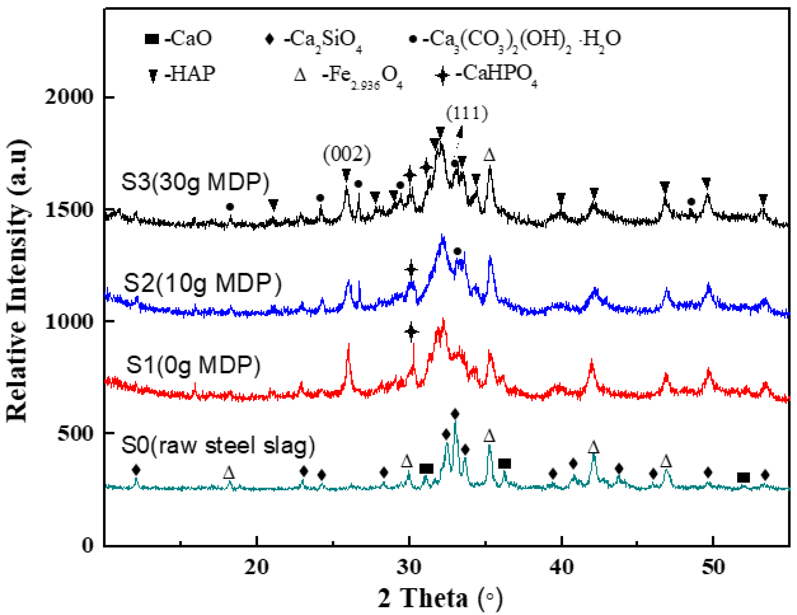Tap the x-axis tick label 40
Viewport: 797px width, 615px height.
pos(562,568)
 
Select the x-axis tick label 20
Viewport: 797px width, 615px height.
pos(257,568)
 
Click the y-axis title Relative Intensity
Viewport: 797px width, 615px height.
pos(17,281)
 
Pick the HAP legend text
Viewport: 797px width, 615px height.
pos(190,74)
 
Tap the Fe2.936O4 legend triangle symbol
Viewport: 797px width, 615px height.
pos(300,75)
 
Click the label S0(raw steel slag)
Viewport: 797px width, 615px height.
pos(218,445)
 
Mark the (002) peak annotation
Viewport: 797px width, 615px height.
pos(347,154)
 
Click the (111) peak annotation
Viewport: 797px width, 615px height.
pos(467,113)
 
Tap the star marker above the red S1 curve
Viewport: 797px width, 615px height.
pos(411,332)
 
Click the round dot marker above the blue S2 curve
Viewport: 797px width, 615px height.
pos(457,251)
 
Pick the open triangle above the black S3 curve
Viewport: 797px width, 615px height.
pos(489,155)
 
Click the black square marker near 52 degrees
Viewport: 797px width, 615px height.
pos(743,477)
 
